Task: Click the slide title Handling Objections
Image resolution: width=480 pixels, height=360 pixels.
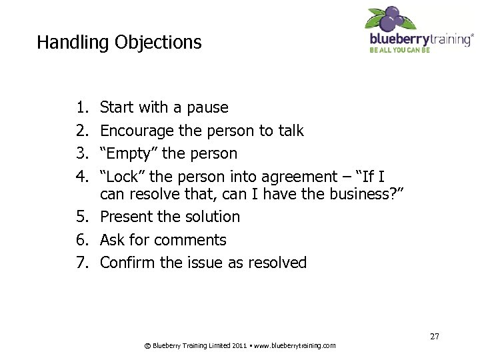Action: coord(119,43)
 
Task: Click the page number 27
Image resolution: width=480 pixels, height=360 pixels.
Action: coord(434,337)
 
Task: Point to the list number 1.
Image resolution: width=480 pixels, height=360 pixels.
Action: coord(81,108)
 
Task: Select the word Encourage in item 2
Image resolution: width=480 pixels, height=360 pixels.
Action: coord(135,131)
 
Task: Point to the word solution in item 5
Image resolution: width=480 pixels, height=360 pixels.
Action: coord(209,217)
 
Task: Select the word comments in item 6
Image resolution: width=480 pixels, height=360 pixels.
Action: coord(195,240)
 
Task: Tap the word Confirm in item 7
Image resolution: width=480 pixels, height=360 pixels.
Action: coord(127,263)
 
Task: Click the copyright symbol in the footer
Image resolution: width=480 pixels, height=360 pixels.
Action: coord(147,345)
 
